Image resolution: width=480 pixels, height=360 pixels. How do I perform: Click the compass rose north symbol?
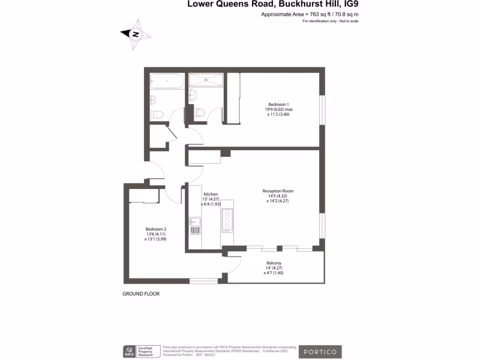(x=136, y=34)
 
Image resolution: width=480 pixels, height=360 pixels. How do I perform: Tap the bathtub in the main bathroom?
(x=167, y=81)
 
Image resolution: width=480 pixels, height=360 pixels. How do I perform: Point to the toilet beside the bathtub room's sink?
(x=157, y=113)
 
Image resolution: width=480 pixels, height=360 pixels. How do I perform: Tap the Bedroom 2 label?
(x=155, y=229)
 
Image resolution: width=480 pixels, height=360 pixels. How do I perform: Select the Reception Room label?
(x=277, y=191)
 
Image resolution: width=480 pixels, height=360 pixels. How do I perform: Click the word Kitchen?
(x=210, y=194)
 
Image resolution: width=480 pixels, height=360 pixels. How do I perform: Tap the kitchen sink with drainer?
(x=195, y=226)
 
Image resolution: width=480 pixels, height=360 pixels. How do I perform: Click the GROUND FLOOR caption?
(x=141, y=294)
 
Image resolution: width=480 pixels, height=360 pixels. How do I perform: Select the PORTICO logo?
(x=320, y=352)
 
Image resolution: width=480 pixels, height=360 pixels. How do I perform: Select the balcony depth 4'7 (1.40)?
(x=275, y=273)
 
